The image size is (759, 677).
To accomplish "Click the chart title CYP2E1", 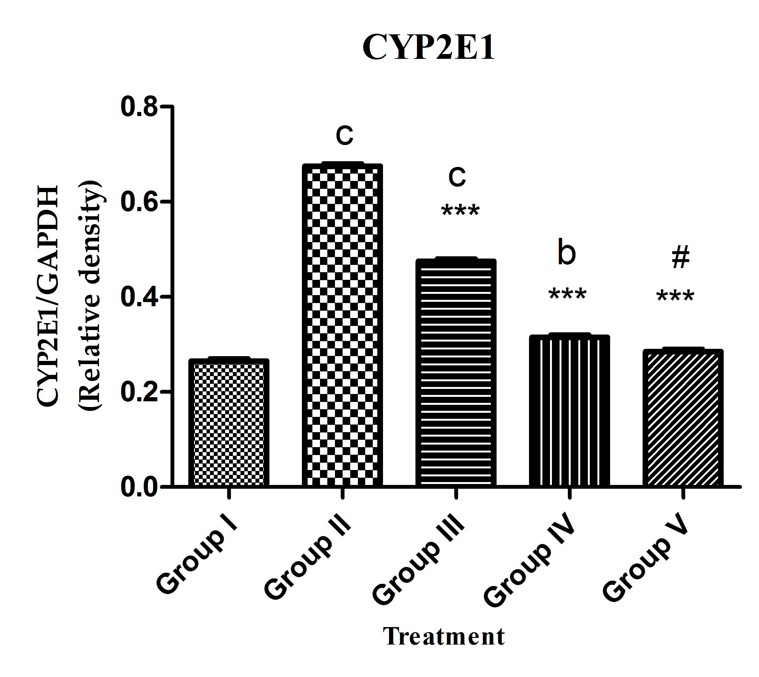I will pyautogui.click(x=428, y=48).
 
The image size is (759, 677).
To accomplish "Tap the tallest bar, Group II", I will pyautogui.click(x=342, y=326).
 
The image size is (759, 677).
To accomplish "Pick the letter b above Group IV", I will pyautogui.click(x=567, y=253).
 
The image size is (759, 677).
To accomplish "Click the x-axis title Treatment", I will pyautogui.click(x=444, y=636).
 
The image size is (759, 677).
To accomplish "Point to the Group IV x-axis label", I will pyautogui.click(x=530, y=562).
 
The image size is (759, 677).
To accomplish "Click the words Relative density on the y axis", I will pyautogui.click(x=90, y=296).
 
